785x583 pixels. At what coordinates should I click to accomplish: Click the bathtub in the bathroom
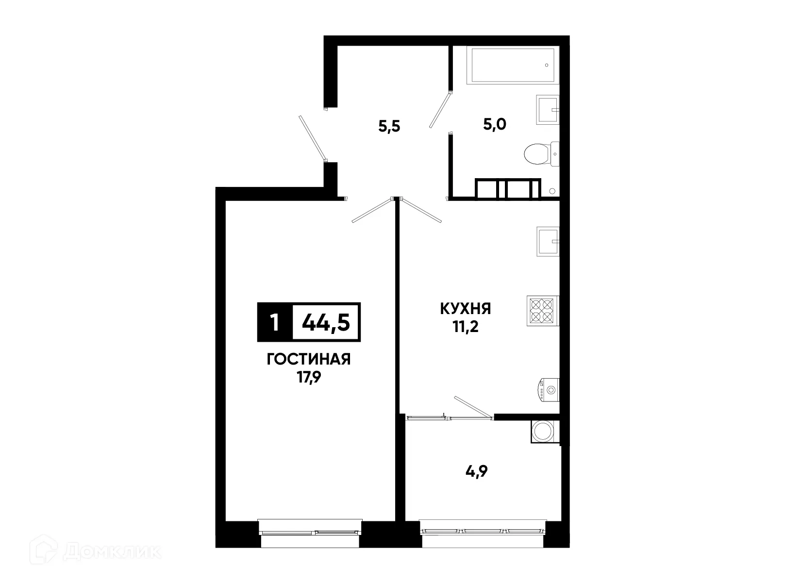pos(512,65)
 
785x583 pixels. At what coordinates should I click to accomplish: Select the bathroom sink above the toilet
pos(547,109)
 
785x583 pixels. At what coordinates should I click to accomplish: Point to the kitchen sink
pos(548,241)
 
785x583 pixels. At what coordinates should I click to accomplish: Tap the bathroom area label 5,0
pos(494,125)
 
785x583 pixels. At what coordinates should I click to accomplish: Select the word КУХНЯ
pos(465,309)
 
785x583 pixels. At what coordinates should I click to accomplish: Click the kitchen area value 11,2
pos(466,327)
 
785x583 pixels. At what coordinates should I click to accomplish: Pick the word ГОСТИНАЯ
pos(309,360)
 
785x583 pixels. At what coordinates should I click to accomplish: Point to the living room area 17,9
pos(309,377)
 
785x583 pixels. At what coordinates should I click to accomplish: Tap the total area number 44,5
pos(326,322)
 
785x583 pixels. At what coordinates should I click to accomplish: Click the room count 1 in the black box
pos(275,322)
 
